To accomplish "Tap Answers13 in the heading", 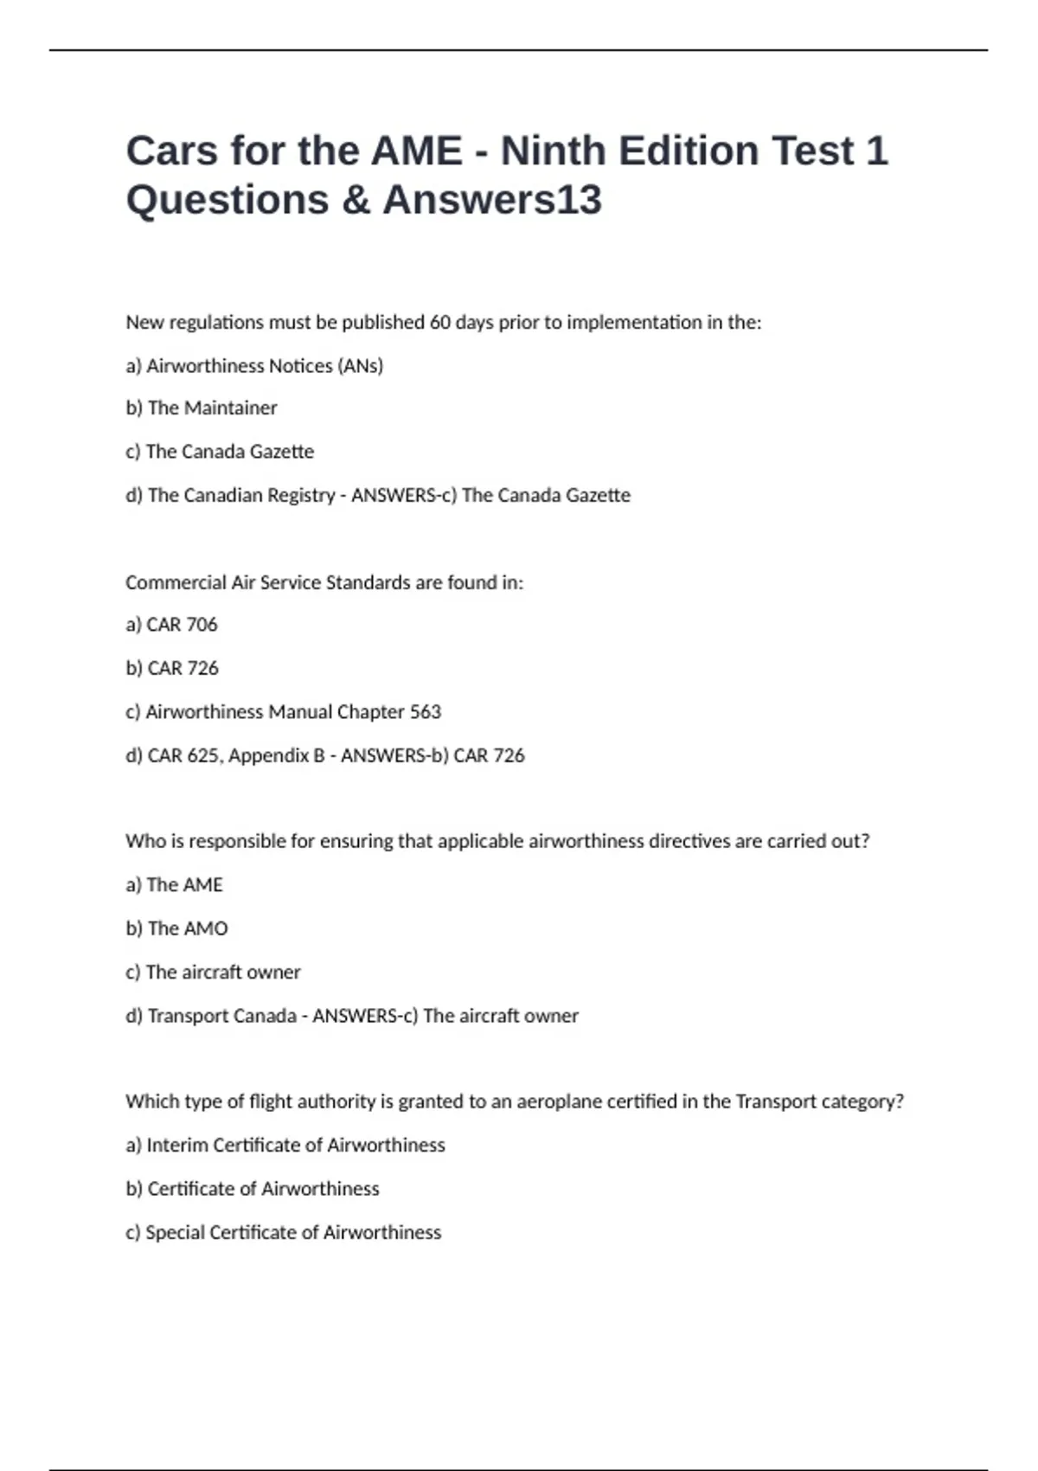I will point(492,200).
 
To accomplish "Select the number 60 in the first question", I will point(440,323).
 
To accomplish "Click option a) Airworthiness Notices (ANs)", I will point(254,366).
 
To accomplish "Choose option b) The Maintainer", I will point(202,408).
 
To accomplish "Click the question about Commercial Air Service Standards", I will point(324,582).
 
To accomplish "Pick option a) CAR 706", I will point(171,625).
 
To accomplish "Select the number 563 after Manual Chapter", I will point(425,712).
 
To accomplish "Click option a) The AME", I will point(174,885).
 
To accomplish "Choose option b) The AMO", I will point(176,928).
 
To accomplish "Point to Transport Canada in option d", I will point(222,1016).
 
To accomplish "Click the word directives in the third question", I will point(689,841).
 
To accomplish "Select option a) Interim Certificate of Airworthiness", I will point(285,1146).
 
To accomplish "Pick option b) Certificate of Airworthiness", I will point(253,1189).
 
